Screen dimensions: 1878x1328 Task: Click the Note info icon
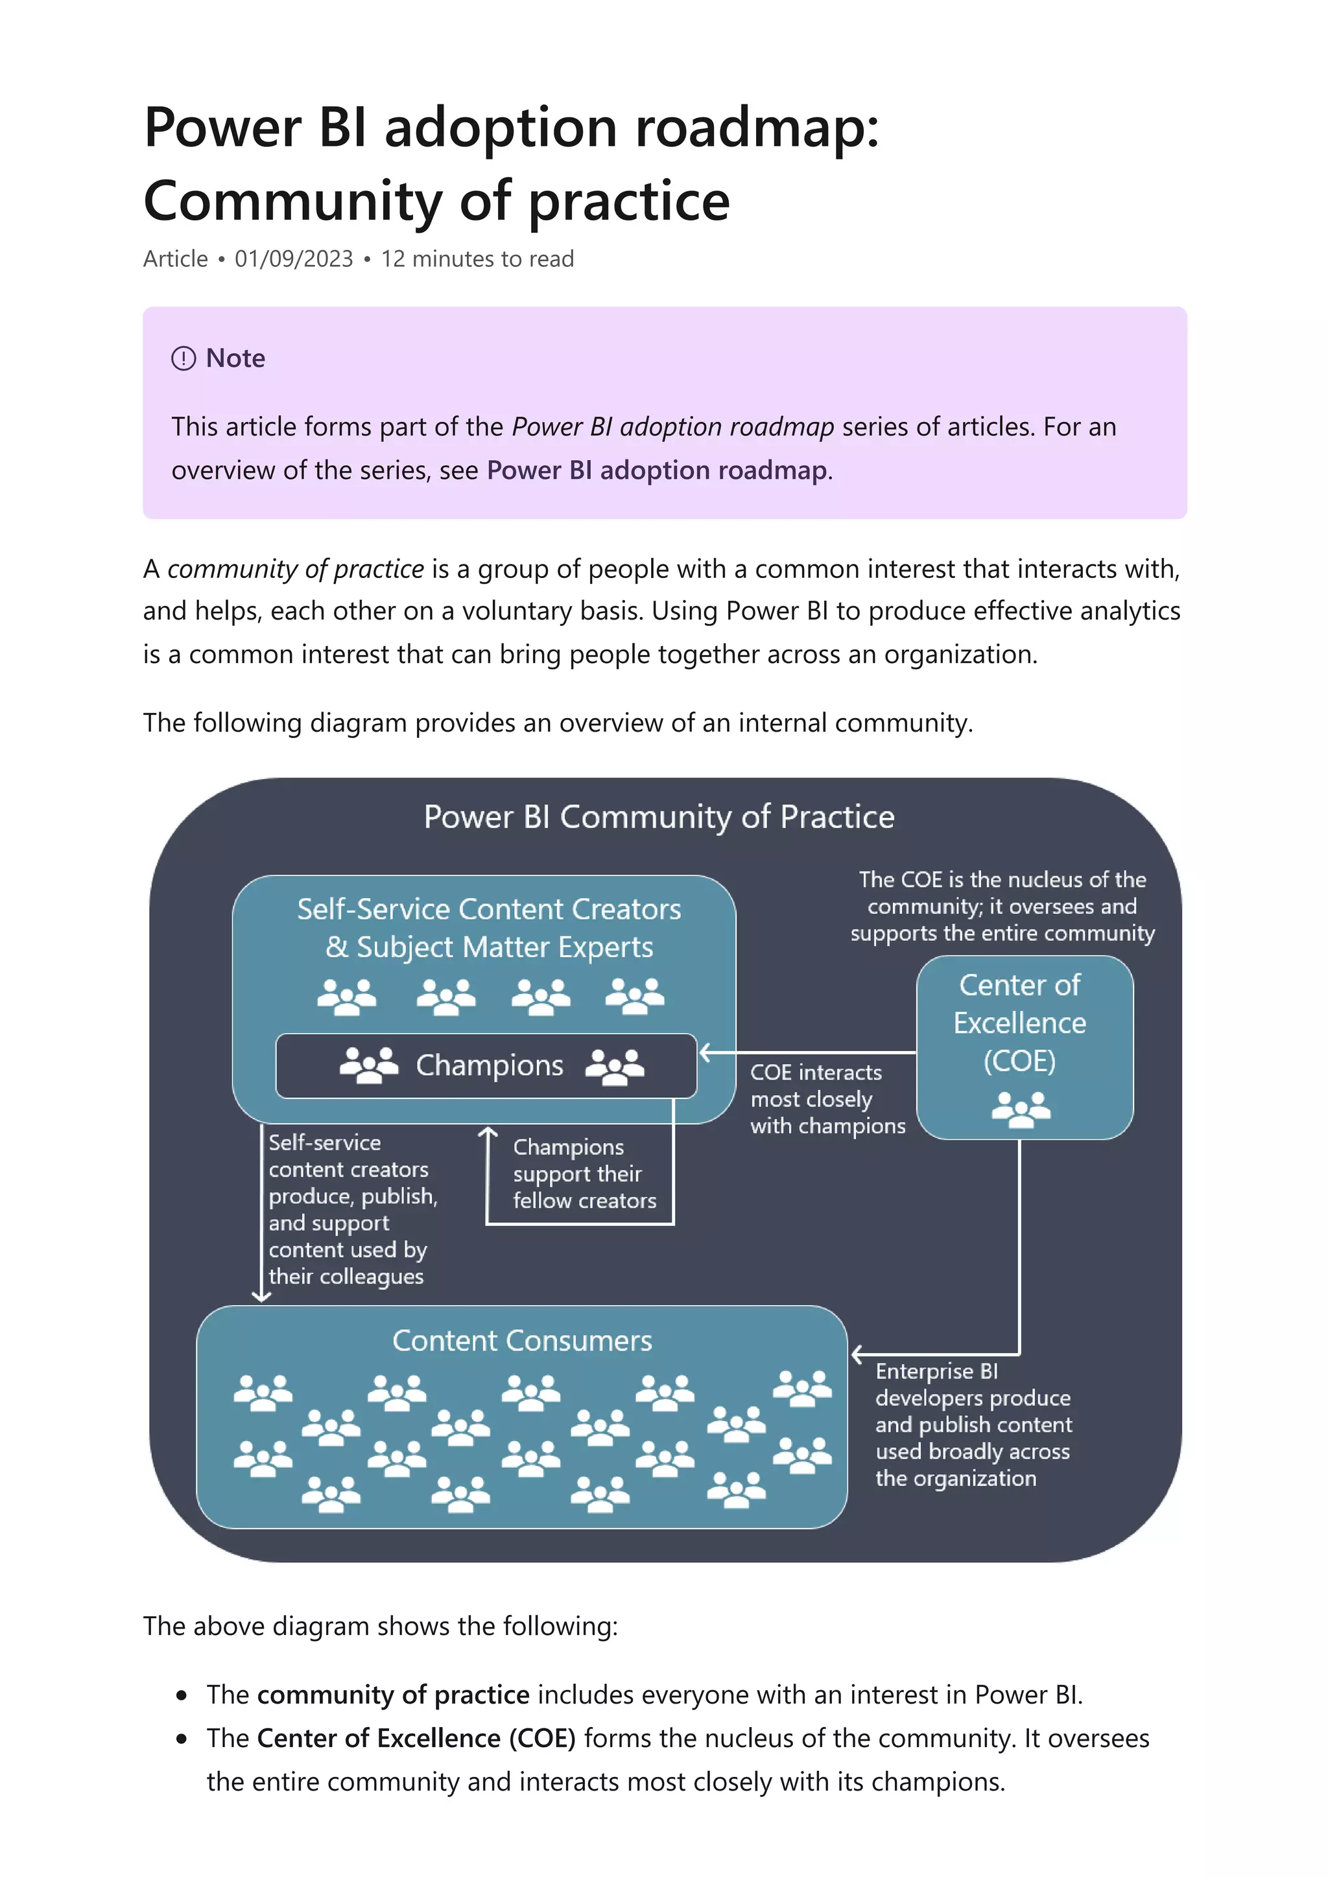coord(184,358)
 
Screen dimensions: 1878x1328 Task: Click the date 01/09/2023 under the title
coord(294,259)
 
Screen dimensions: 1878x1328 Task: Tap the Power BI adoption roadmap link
coord(656,470)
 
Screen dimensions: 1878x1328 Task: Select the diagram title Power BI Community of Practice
coord(659,817)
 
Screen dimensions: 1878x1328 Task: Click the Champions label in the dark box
coord(490,1065)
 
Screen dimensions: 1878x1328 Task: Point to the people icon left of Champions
coord(368,1065)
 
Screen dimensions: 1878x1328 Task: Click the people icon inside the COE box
coord(1021,1109)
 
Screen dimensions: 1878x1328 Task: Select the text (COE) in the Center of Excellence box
coord(1019,1061)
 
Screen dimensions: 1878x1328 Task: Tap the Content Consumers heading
coord(522,1341)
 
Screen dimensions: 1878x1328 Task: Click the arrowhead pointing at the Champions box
coord(704,1052)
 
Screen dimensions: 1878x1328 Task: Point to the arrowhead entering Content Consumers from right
coord(856,1355)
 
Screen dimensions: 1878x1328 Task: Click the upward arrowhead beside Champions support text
coord(488,1133)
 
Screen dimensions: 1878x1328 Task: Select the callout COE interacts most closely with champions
coord(826,1099)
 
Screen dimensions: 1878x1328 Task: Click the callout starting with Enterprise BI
coord(972,1425)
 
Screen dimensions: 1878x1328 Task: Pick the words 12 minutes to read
coord(477,259)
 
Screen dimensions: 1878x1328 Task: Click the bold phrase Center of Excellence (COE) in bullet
coord(416,1738)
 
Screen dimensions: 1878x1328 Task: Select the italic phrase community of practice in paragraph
coord(296,569)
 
